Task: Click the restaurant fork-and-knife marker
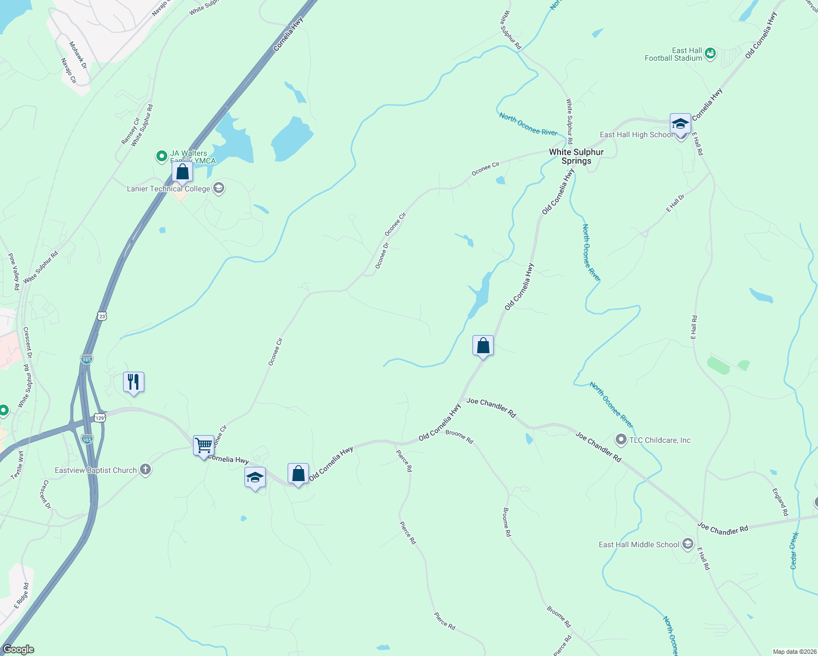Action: (x=133, y=382)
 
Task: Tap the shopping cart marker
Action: (x=203, y=445)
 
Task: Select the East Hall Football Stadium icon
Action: (x=710, y=54)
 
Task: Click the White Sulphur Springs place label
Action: (x=576, y=156)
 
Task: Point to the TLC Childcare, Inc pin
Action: (x=621, y=440)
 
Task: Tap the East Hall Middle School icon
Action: (x=688, y=544)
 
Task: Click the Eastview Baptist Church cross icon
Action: (x=145, y=470)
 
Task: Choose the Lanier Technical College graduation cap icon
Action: (x=218, y=189)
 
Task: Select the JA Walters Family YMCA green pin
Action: (x=161, y=157)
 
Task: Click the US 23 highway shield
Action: (x=102, y=316)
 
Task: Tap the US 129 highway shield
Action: (x=100, y=418)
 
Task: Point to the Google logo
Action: (x=19, y=649)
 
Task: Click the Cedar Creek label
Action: (x=794, y=550)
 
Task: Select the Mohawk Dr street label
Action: (x=78, y=55)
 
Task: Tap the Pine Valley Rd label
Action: (x=14, y=272)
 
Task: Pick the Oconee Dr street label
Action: (x=382, y=256)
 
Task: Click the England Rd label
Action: (x=780, y=502)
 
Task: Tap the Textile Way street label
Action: (x=17, y=464)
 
